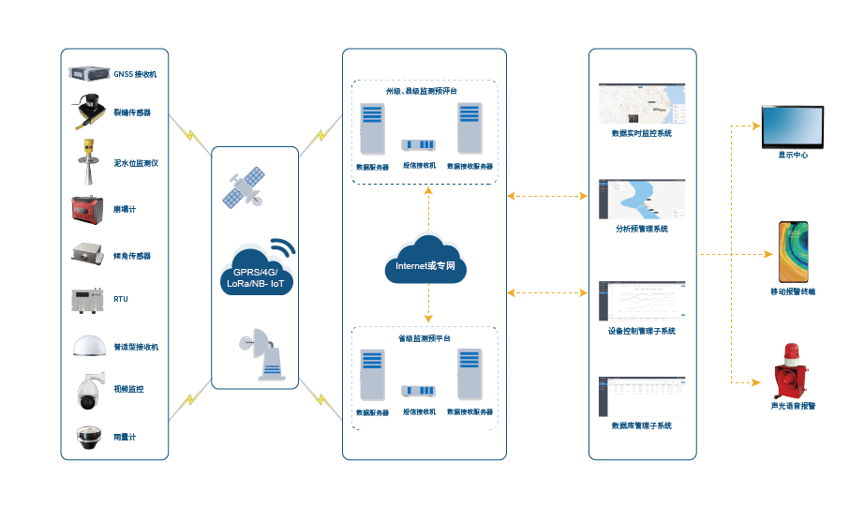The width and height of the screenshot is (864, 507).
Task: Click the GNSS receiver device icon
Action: click(x=88, y=72)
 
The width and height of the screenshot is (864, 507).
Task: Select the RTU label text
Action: click(x=121, y=299)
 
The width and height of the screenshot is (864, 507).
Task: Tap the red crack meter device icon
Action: click(x=89, y=208)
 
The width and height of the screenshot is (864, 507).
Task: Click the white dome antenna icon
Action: click(x=90, y=346)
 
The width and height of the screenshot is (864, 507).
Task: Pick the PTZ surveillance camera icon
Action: click(x=89, y=389)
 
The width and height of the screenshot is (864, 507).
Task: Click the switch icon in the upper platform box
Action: click(x=419, y=145)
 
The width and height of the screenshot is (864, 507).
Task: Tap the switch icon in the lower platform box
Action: click(x=419, y=392)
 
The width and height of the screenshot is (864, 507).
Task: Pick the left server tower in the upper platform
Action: click(x=372, y=129)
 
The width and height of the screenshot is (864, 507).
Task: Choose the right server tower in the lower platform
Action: click(x=470, y=376)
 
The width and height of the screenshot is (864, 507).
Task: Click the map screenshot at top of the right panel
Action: click(x=642, y=104)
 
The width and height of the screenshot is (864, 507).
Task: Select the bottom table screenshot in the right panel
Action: click(x=642, y=396)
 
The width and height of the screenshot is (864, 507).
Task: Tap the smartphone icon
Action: click(x=793, y=252)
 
